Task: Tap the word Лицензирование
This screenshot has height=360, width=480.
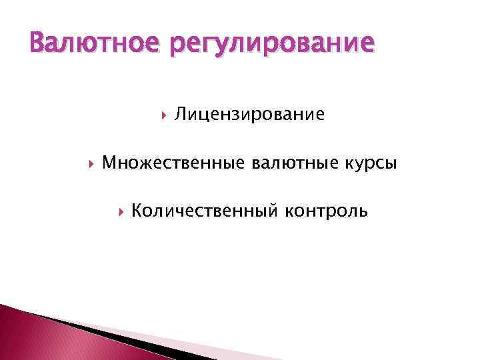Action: (x=250, y=116)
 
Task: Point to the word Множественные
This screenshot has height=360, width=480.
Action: (x=174, y=163)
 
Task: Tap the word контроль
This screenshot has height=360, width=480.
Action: (x=326, y=212)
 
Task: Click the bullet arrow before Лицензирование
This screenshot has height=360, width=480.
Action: (x=163, y=115)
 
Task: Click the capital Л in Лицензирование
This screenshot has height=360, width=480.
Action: (x=181, y=115)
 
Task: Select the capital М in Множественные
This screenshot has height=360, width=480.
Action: (x=110, y=163)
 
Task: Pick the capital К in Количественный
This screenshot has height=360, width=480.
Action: (x=137, y=211)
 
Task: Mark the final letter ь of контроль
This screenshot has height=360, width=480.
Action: (x=363, y=213)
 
